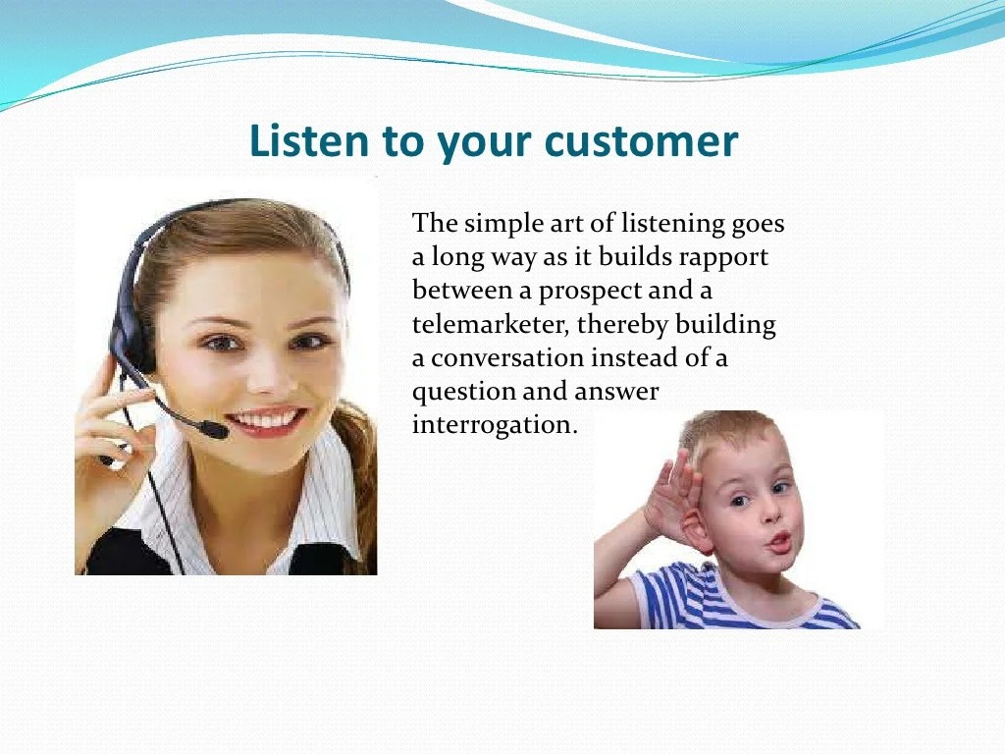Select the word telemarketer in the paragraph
click(491, 324)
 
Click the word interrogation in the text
click(495, 425)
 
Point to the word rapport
click(723, 258)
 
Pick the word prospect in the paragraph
click(589, 292)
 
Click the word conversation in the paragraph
click(507, 358)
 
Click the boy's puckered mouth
click(779, 543)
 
